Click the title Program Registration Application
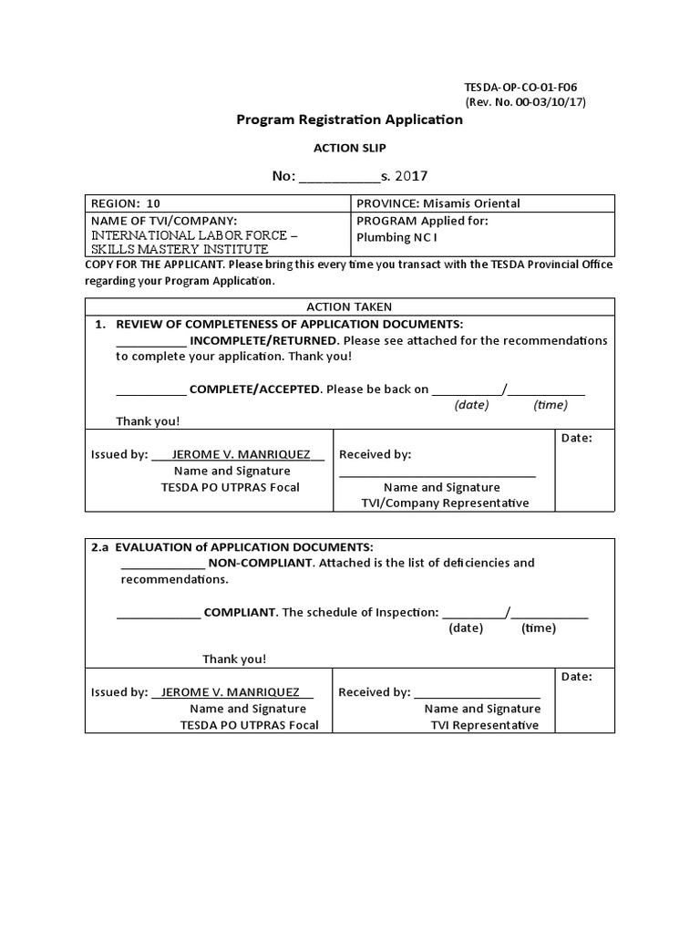tap(349, 119)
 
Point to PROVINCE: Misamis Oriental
tap(438, 203)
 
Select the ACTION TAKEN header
tap(349, 306)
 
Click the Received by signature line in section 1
tap(437, 474)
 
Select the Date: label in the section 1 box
tap(577, 438)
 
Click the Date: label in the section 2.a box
tap(577, 677)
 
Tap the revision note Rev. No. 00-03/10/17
tap(526, 102)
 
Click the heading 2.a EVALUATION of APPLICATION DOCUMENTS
tap(232, 546)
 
